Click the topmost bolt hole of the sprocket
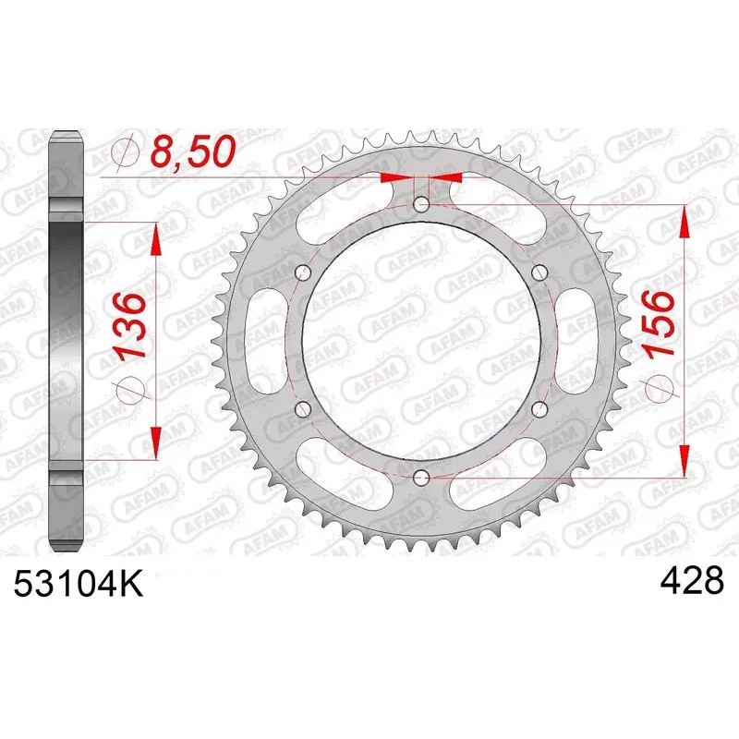[421, 205]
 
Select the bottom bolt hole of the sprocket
[421, 476]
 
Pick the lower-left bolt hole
[303, 408]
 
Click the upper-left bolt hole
[303, 272]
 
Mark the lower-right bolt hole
[539, 408]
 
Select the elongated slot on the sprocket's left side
[264, 340]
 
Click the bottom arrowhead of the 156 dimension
[684, 458]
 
